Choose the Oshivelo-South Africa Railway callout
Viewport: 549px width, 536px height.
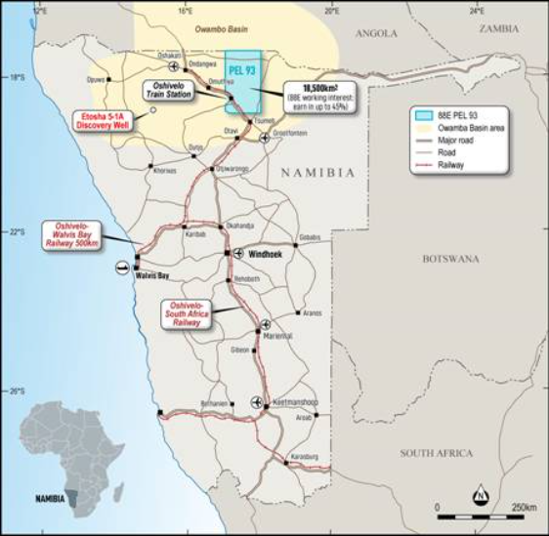click(x=187, y=313)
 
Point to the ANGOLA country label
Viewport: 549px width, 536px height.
click(x=377, y=32)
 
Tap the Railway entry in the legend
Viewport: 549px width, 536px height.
click(x=467, y=166)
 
